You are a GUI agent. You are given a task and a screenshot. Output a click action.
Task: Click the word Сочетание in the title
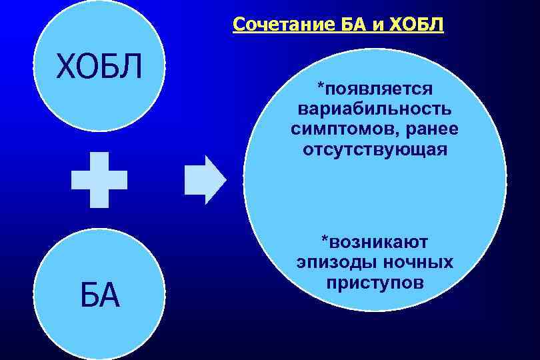(273, 26)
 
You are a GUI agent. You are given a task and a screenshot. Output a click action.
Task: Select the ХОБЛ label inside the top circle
(99, 67)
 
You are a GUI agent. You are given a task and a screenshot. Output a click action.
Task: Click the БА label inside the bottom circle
(99, 295)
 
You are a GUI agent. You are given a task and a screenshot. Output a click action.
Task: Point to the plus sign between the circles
(99, 179)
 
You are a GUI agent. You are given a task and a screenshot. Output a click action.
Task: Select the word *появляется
(375, 89)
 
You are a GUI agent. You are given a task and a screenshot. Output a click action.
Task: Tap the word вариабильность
(375, 109)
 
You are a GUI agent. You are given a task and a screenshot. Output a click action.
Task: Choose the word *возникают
(375, 241)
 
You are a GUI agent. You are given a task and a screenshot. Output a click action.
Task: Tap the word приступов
(375, 282)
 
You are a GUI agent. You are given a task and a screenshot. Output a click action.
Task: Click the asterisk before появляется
(320, 85)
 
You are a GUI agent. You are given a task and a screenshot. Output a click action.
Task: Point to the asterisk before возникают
(324, 238)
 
